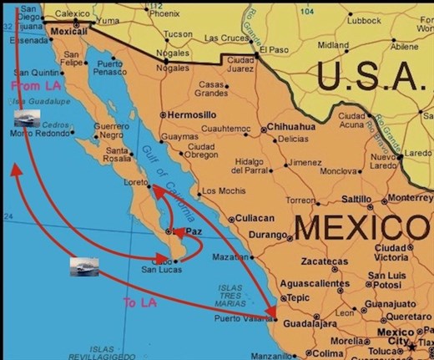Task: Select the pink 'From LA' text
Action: click(29, 85)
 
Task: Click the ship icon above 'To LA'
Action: click(84, 266)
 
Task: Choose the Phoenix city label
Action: click(164, 13)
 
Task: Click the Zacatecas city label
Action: click(325, 262)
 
